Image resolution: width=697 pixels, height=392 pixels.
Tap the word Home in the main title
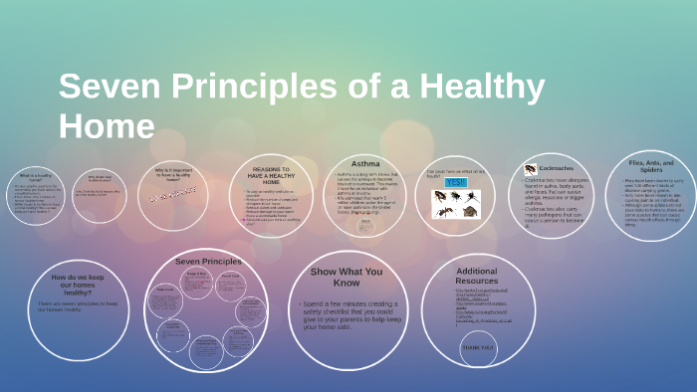pos(107,126)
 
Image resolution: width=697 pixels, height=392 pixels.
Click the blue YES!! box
pos(455,183)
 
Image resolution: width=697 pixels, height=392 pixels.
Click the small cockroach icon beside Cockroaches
pos(531,169)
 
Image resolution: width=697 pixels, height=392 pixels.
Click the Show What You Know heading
pos(346,277)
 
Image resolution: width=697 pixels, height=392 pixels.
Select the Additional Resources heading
pos(476,276)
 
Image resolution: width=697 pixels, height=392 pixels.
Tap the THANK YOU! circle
pos(477,347)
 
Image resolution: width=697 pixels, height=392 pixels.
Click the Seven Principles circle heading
pos(208,262)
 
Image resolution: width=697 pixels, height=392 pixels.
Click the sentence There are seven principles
pos(79,306)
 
